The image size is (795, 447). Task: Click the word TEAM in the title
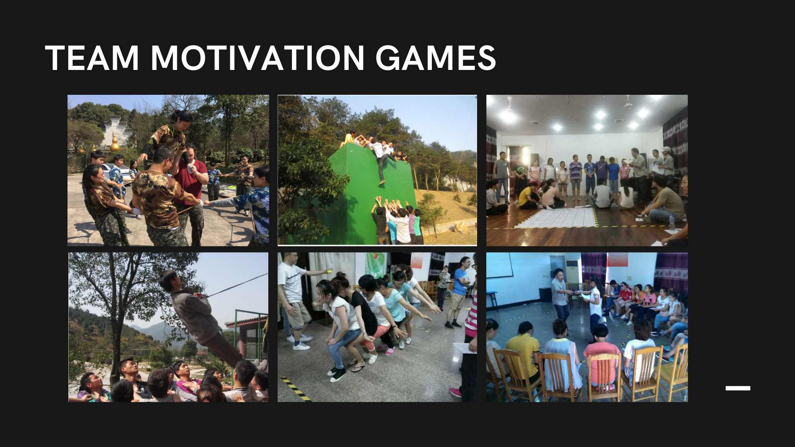pos(92,58)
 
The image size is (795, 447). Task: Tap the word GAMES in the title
pos(436,58)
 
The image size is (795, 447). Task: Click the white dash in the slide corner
pos(738,388)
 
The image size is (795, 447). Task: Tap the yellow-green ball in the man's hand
pos(329,272)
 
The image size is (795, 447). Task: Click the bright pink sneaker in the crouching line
pos(390,351)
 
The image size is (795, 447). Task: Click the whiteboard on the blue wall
pos(499,265)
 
